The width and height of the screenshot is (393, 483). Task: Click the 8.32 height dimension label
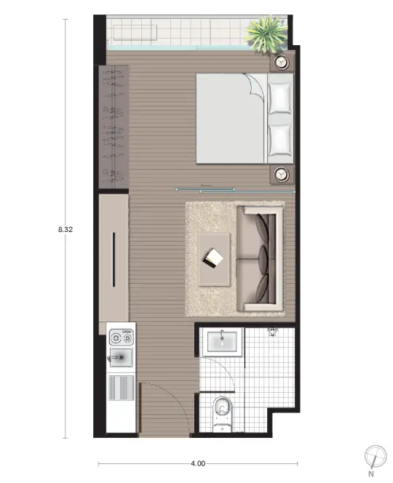pos(65,229)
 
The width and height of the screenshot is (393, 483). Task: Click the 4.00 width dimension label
pos(198,463)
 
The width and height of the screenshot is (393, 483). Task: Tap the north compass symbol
pos(375,457)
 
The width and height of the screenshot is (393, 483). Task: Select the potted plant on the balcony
pos(266,33)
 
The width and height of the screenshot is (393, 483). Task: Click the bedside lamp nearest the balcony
pos(281,63)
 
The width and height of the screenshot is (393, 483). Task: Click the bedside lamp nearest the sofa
pos(281,175)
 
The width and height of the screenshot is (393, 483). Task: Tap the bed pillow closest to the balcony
pos(279,97)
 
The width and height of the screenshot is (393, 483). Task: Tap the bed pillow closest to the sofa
pos(279,140)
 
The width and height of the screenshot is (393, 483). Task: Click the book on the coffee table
pos(213,258)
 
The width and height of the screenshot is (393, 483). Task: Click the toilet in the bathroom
pos(223,412)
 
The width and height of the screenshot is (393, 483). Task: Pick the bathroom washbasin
pos(222,342)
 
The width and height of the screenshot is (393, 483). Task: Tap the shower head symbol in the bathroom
pos(272,332)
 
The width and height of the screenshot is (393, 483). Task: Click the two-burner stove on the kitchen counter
pos(122,338)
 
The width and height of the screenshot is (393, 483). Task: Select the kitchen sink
pos(120,358)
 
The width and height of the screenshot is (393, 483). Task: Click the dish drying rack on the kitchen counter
pos(121,388)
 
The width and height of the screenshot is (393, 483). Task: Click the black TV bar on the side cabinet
pos(114,260)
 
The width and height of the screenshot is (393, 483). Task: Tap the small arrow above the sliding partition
pos(206,185)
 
